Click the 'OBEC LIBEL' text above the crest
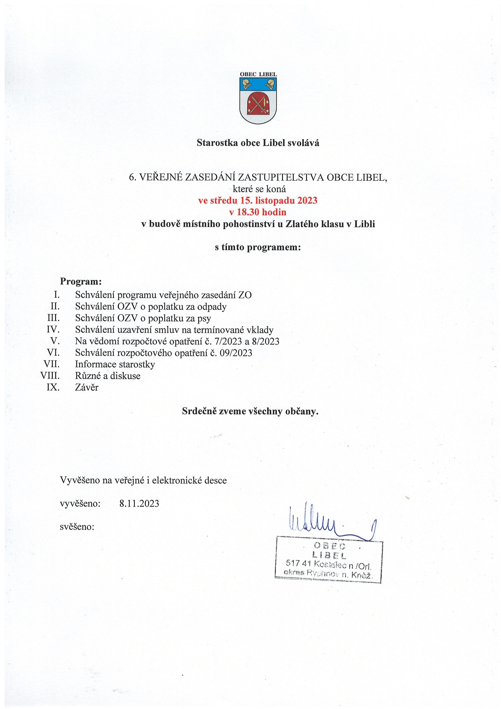pyautogui.click(x=258, y=74)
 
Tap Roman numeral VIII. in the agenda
pyautogui.click(x=50, y=376)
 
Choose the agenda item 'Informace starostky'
pyautogui.click(x=115, y=364)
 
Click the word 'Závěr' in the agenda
pyautogui.click(x=87, y=387)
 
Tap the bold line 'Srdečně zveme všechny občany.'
pyautogui.click(x=250, y=411)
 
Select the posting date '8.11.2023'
pyautogui.click(x=139, y=504)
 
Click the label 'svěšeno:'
pyautogui.click(x=77, y=526)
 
